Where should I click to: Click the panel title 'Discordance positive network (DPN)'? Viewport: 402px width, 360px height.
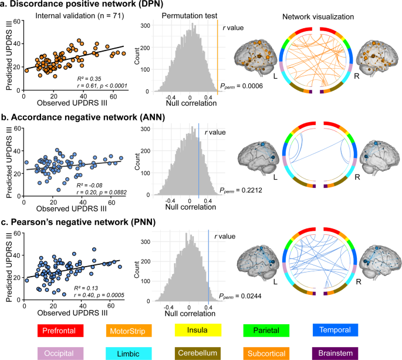click(x=89, y=6)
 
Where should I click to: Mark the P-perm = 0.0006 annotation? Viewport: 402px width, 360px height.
click(x=241, y=86)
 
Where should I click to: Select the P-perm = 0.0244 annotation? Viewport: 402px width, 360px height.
click(x=241, y=296)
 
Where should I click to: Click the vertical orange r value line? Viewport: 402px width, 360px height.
click(x=218, y=59)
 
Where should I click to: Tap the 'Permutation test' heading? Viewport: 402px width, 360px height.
click(x=179, y=18)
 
